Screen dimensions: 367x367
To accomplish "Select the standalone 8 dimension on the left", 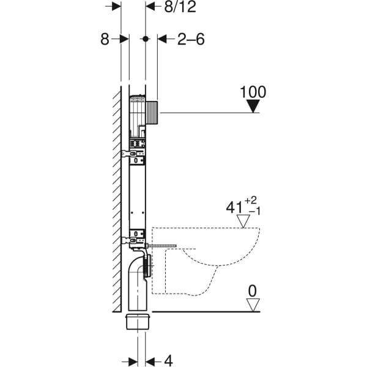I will click(105, 39).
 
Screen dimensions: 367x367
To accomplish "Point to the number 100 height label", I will click(253, 92).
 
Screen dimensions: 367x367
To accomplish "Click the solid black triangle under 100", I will click(253, 107).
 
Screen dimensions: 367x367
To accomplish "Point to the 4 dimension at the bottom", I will click(168, 360).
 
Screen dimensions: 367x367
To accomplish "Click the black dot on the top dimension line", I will click(145, 39).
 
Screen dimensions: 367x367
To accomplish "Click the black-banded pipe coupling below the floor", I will click(139, 322).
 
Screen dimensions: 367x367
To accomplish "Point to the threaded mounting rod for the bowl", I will click(162, 246).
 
